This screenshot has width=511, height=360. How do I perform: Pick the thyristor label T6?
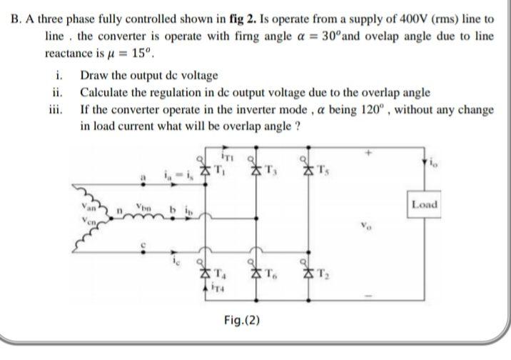tap(273, 274)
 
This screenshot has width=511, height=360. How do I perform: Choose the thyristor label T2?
tap(326, 274)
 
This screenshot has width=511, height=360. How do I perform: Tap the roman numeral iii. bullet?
tap(59, 110)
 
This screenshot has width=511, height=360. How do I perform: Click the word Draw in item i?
tap(93, 76)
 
